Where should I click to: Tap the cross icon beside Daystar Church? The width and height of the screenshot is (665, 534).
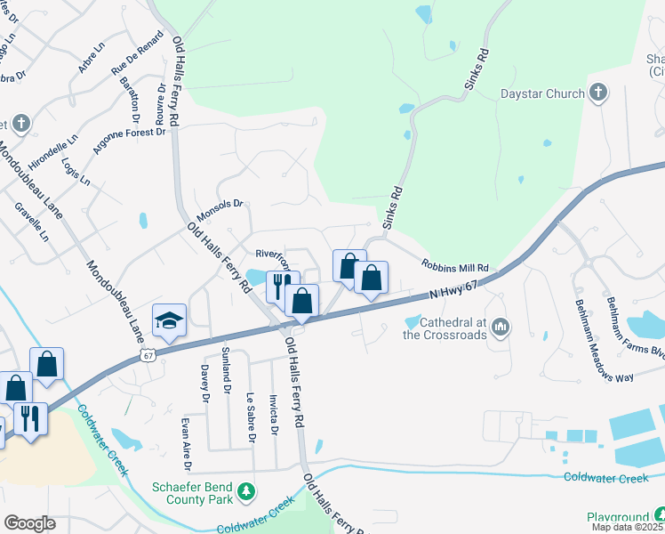pos(598,92)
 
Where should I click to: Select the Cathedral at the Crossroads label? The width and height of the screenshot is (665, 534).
pos(445,328)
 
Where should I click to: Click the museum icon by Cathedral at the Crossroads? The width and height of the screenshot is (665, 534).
pos(501,328)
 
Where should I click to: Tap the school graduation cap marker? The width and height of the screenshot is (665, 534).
pos(168,320)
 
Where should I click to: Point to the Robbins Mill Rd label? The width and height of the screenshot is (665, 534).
pos(455,267)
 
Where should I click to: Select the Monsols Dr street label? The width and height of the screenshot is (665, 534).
pos(220,204)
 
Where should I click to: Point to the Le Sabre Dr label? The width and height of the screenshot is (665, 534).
pos(251,417)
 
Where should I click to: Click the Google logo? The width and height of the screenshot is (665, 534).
pos(30,523)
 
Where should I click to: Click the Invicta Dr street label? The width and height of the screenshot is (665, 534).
pos(274,417)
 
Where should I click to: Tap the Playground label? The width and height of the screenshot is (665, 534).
pos(618,517)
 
